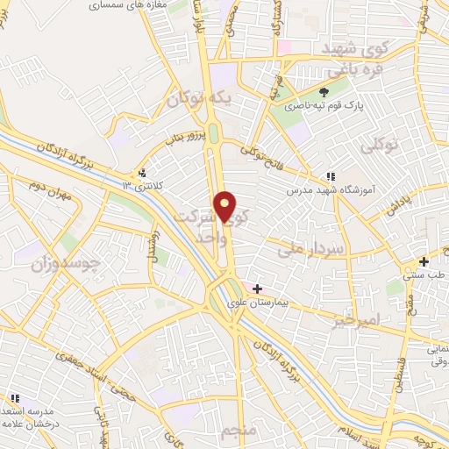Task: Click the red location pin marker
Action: (226, 206)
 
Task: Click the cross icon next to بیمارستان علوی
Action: (257, 289)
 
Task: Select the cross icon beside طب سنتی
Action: (424, 261)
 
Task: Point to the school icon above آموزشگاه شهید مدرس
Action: (330, 175)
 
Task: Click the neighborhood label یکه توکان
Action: (202, 100)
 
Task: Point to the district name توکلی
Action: (404, 145)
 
